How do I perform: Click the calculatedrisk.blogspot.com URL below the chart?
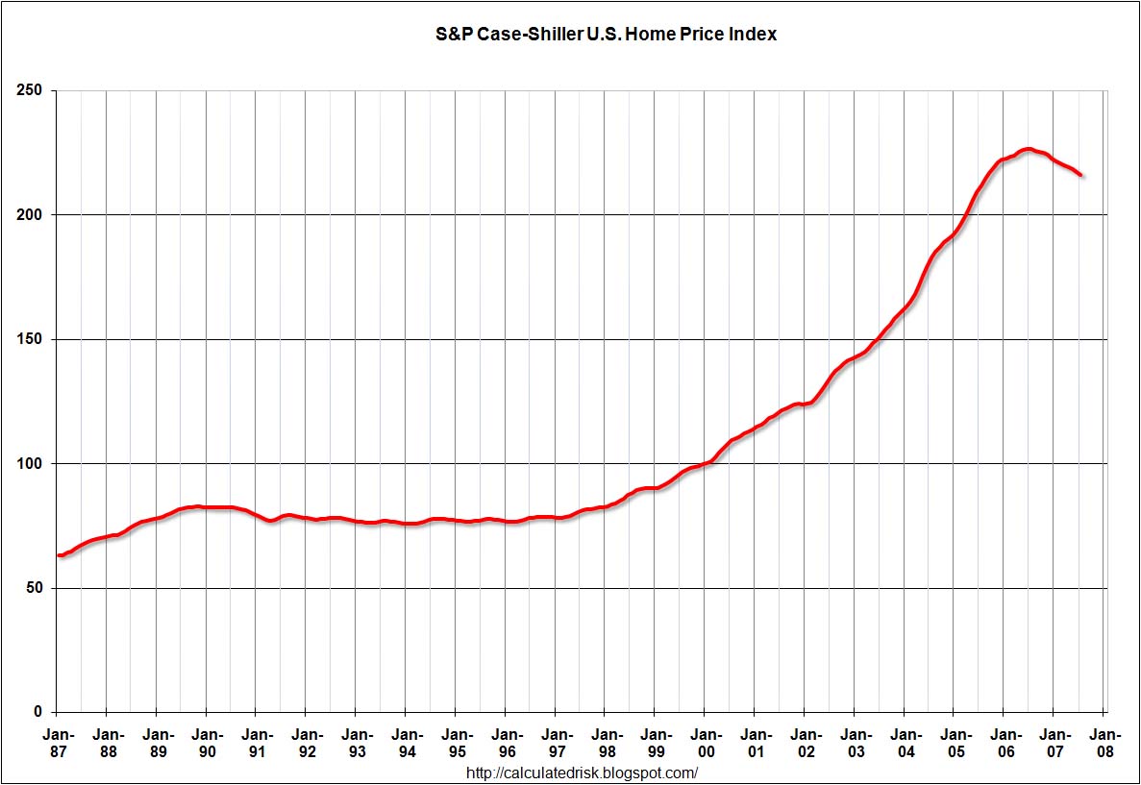coord(582,773)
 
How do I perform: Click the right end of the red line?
coord(1081,175)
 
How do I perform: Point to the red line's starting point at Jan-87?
coord(59,555)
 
